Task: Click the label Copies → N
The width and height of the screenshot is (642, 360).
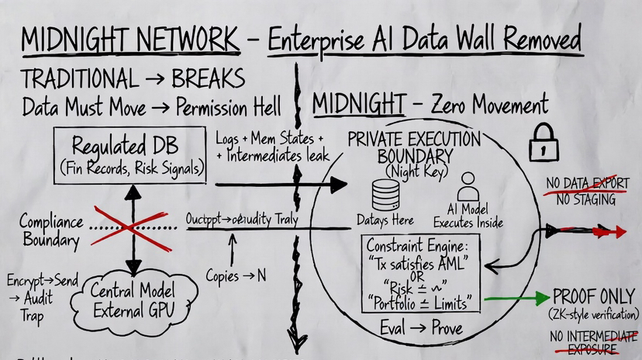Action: pyautogui.click(x=238, y=274)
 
